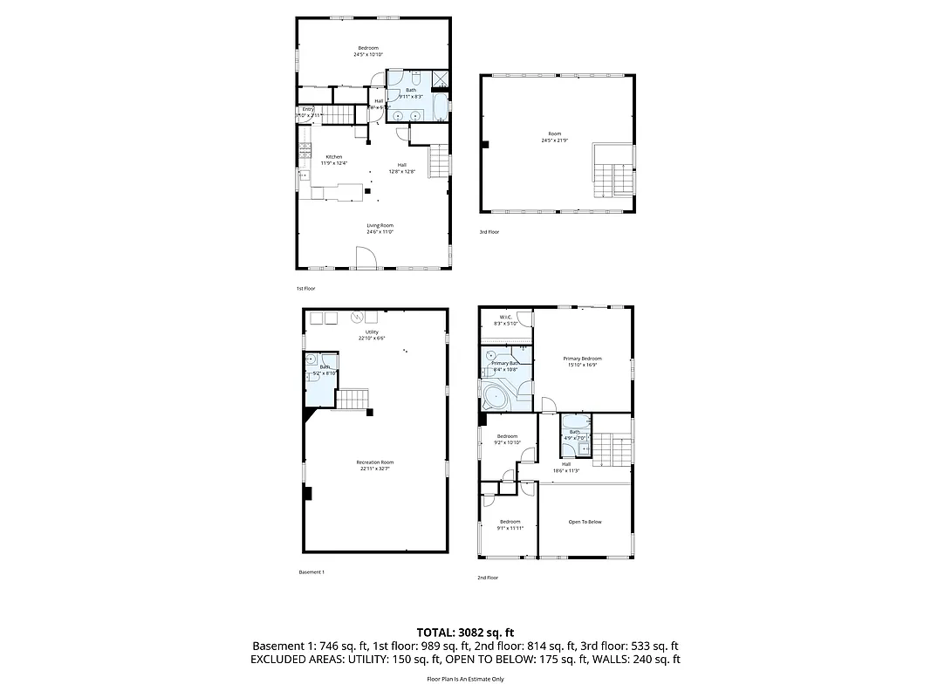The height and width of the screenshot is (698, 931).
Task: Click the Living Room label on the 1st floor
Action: pyautogui.click(x=380, y=225)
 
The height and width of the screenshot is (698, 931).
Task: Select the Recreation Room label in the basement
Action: pyautogui.click(x=375, y=462)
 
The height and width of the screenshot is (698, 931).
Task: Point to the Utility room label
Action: pyautogui.click(x=373, y=332)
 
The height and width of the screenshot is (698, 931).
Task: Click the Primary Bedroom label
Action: pyautogui.click(x=582, y=359)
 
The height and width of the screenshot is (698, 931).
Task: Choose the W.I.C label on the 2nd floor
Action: pyautogui.click(x=505, y=317)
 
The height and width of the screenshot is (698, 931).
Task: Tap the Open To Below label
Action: pyautogui.click(x=585, y=522)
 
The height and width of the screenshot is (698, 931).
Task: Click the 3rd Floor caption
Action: pyautogui.click(x=489, y=232)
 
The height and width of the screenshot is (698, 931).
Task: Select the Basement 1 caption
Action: pyautogui.click(x=311, y=572)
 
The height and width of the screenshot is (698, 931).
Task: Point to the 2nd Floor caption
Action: pyautogui.click(x=488, y=578)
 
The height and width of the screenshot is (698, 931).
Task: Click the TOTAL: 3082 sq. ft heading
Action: pyautogui.click(x=465, y=631)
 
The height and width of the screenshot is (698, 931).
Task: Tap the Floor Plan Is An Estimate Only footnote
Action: pyautogui.click(x=465, y=678)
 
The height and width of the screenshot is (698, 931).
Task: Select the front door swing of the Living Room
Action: pyautogui.click(x=366, y=257)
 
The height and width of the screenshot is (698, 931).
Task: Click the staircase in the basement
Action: pyautogui.click(x=352, y=400)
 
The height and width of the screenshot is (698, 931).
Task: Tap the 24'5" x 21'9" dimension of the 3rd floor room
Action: pyautogui.click(x=555, y=140)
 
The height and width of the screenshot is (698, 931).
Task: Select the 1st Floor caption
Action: pyautogui.click(x=305, y=288)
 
